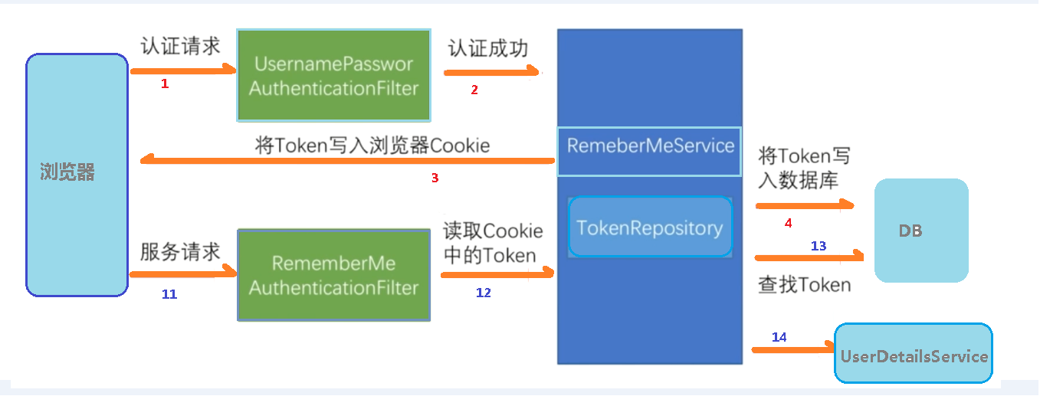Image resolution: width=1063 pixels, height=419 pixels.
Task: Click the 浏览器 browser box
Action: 77,175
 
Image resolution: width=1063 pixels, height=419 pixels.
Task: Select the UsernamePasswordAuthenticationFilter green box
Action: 333,76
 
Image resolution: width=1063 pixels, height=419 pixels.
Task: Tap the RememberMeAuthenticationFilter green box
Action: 333,275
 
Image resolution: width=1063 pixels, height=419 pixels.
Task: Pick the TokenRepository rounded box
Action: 650,228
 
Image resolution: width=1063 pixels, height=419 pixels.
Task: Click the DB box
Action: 921,231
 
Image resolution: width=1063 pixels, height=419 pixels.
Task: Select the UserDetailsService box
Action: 914,355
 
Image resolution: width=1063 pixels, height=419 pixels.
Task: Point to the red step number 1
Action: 164,84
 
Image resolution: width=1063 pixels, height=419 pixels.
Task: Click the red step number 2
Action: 474,90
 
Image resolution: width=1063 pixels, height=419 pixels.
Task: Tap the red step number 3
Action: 435,178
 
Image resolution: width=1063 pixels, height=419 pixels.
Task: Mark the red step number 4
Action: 788,224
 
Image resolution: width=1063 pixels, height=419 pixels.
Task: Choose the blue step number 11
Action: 169,294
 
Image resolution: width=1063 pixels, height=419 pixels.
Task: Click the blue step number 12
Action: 483,293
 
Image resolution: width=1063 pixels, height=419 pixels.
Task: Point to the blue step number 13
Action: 819,246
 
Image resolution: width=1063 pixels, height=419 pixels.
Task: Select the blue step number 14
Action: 779,337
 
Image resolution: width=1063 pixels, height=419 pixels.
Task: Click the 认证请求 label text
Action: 180,46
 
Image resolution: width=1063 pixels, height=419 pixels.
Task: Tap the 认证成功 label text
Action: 488,48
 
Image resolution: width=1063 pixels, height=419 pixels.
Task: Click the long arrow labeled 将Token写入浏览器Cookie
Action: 345,161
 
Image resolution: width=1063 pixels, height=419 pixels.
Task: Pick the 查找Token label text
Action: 804,285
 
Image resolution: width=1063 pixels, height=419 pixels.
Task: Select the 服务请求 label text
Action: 180,251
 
